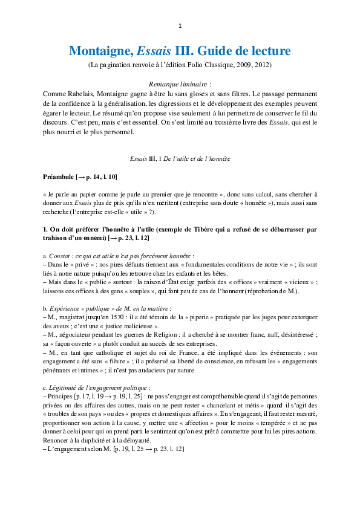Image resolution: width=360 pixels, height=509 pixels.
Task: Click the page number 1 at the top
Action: [x=180, y=26]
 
